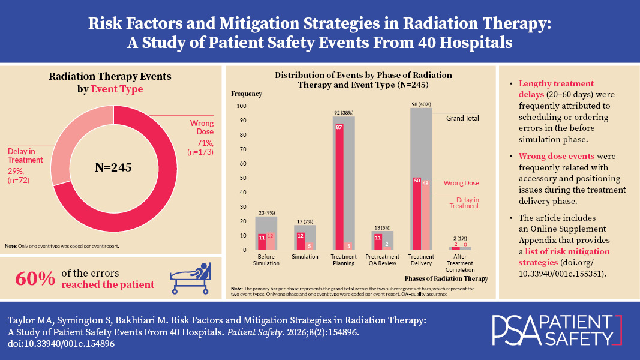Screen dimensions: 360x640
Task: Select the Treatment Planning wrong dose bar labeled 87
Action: pyautogui.click(x=339, y=180)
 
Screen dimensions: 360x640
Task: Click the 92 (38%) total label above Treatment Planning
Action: pyautogui.click(x=344, y=112)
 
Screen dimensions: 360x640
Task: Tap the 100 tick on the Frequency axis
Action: pyautogui.click(x=242, y=106)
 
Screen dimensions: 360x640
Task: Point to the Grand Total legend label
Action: pyautogui.click(x=462, y=118)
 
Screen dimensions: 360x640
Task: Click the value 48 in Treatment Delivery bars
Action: pyautogui.click(x=425, y=184)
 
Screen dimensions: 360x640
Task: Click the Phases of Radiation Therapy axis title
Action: pyautogui.click(x=446, y=278)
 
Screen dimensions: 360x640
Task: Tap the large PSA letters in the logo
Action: pyautogui.click(x=514, y=328)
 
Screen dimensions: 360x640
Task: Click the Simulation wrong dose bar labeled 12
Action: pyautogui.click(x=301, y=236)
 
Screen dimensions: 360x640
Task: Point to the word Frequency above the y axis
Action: pyautogui.click(x=246, y=94)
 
